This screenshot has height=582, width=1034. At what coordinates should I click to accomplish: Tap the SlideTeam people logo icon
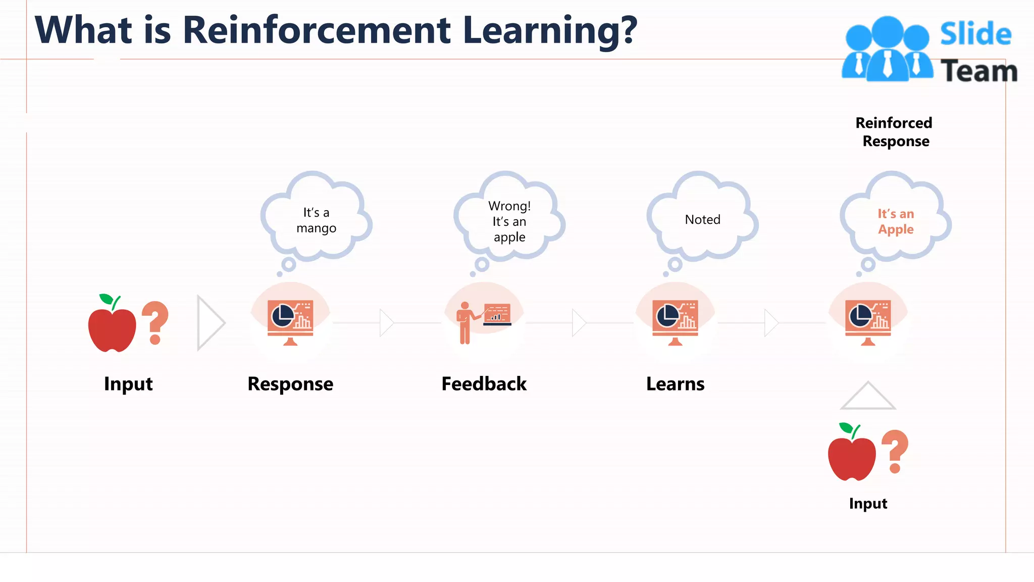click(887, 50)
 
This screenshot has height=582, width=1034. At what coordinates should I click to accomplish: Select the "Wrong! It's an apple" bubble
click(509, 221)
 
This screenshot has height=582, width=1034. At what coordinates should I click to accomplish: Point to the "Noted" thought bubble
click(702, 219)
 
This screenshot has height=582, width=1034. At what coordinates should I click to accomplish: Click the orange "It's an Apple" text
click(896, 221)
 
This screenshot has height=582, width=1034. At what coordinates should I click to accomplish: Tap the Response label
click(290, 384)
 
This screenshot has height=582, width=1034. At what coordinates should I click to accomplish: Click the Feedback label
click(484, 384)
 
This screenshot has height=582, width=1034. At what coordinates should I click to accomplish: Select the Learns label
click(675, 384)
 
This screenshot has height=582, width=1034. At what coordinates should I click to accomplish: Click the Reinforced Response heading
click(895, 132)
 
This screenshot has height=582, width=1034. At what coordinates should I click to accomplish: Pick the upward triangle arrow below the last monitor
click(868, 397)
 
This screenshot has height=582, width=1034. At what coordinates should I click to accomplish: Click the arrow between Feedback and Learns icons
click(579, 323)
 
